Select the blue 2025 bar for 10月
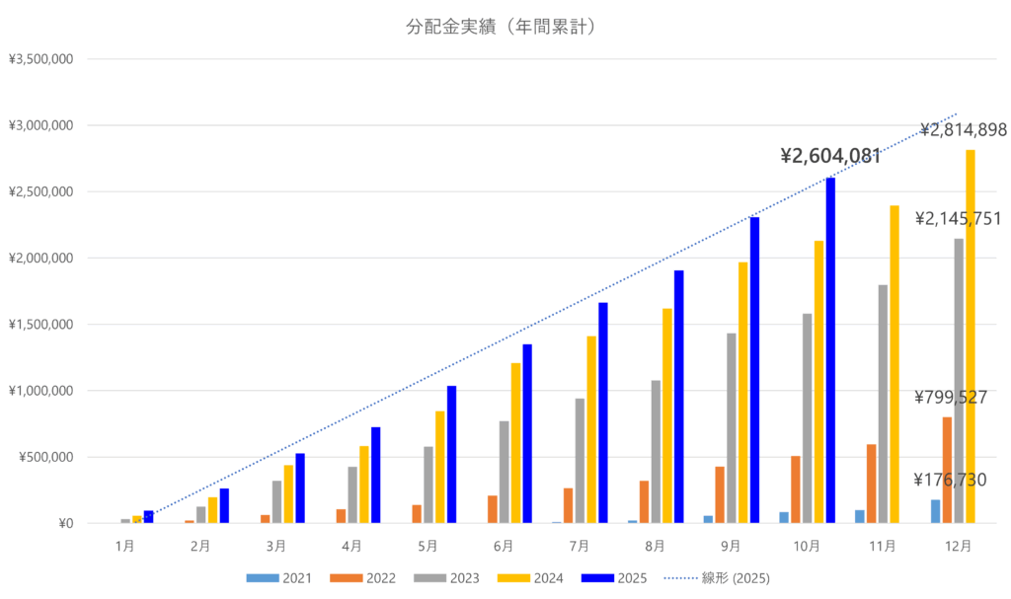[x=830, y=350]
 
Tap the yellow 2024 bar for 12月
[x=970, y=336]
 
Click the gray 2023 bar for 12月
[x=958, y=380]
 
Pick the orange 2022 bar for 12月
[x=947, y=470]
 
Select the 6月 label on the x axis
[x=503, y=545]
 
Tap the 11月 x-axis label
[x=883, y=545]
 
